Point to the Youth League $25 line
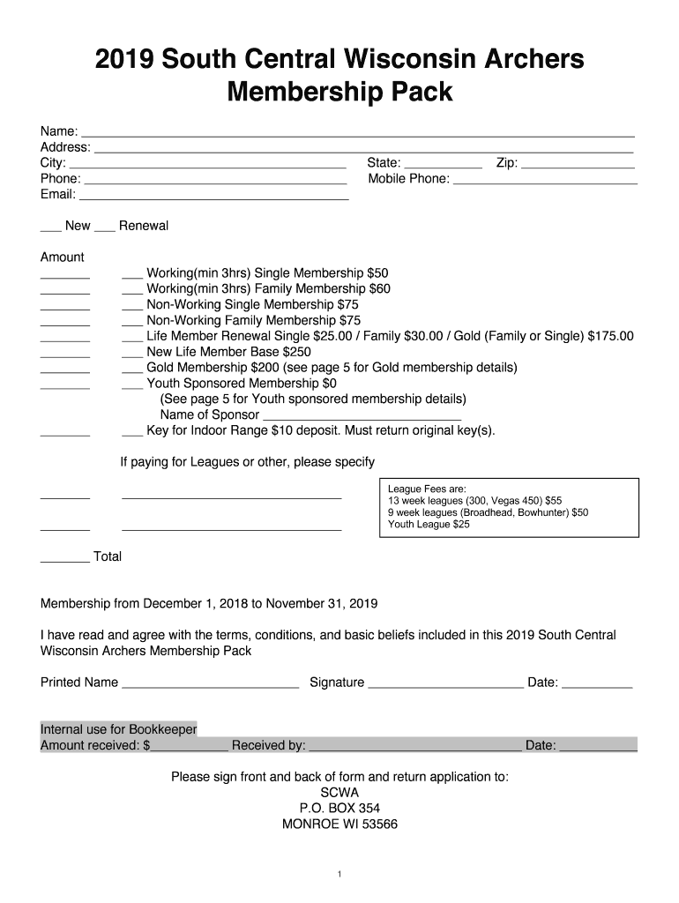[429, 525]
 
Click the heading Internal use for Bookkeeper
[118, 729]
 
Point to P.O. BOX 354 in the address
[339, 809]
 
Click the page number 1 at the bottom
[339, 875]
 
